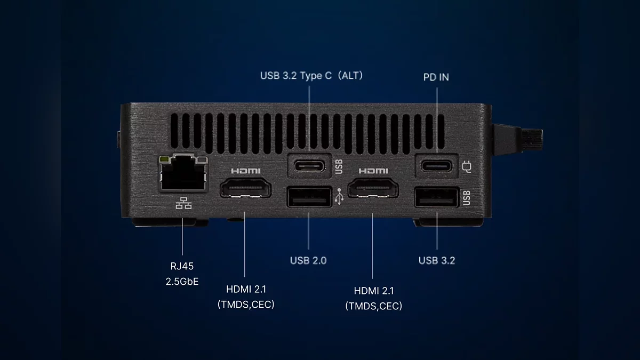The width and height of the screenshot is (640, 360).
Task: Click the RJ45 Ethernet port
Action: pyautogui.click(x=183, y=173)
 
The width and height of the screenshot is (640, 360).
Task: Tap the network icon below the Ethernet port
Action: pyautogui.click(x=183, y=203)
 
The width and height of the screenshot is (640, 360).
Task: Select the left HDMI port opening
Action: pyautogui.click(x=245, y=188)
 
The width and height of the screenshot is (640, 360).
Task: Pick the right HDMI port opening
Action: pyautogui.click(x=373, y=188)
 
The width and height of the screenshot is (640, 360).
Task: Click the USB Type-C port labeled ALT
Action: pyautogui.click(x=309, y=166)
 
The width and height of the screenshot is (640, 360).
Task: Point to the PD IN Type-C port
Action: pyautogui.click(x=437, y=166)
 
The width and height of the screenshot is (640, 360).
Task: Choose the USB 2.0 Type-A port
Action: pyautogui.click(x=309, y=197)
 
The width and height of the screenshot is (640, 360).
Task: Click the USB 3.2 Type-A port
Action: pyautogui.click(x=437, y=197)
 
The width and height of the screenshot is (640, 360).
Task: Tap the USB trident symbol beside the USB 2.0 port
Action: pyautogui.click(x=339, y=196)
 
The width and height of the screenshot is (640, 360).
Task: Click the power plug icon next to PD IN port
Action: pyautogui.click(x=467, y=167)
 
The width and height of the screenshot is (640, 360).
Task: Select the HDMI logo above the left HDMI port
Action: pyautogui.click(x=246, y=171)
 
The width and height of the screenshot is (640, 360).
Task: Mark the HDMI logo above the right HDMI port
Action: pyautogui.click(x=373, y=171)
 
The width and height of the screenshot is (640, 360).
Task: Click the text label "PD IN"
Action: pyautogui.click(x=436, y=77)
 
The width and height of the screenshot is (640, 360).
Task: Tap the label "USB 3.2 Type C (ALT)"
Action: pyautogui.click(x=311, y=76)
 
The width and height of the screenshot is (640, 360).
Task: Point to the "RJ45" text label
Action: pyautogui.click(x=182, y=266)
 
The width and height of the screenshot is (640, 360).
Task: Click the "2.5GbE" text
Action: pyautogui.click(x=182, y=282)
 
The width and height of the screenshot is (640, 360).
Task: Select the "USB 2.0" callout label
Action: pyautogui.click(x=308, y=261)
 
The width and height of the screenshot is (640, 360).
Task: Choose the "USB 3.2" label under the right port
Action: pyautogui.click(x=437, y=261)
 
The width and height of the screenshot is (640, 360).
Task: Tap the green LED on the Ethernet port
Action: pyautogui.click(x=164, y=159)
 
